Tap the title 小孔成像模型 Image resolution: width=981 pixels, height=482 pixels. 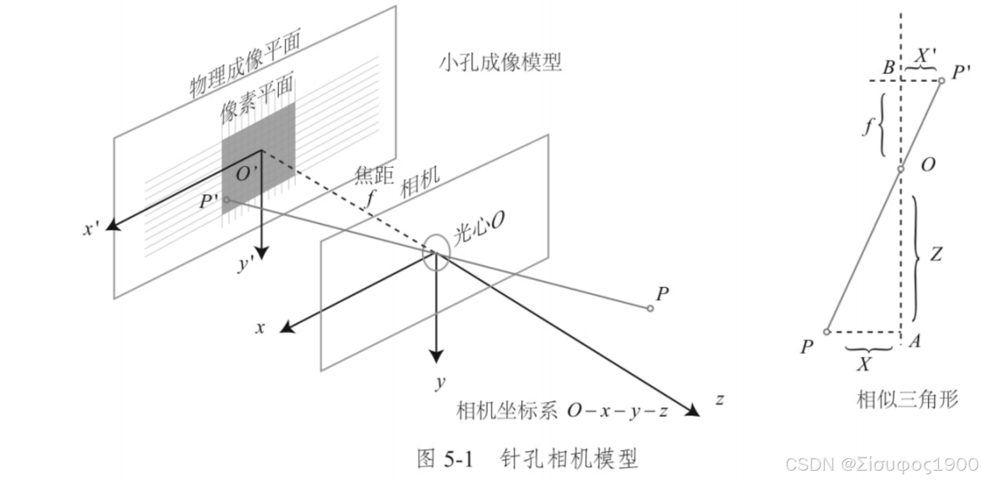[500, 62]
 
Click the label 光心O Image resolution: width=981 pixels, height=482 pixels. [479, 228]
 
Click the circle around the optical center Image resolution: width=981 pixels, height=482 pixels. [436, 253]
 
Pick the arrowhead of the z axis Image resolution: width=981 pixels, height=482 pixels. [693, 410]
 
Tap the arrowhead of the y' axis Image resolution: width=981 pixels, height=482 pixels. [260, 253]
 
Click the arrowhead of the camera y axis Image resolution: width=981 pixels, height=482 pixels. [436, 356]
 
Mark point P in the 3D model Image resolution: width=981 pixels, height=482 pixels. [650, 309]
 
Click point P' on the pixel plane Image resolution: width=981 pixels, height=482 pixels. [226, 200]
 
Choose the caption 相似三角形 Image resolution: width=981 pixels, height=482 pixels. [907, 399]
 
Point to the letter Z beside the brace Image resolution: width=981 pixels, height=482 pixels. [936, 254]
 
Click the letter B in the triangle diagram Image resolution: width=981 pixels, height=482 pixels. [889, 68]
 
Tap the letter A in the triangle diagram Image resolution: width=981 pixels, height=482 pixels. [915, 341]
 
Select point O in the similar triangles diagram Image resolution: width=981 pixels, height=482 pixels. [901, 169]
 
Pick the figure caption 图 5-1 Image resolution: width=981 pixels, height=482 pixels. [445, 458]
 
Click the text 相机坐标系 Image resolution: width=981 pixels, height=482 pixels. [506, 410]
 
